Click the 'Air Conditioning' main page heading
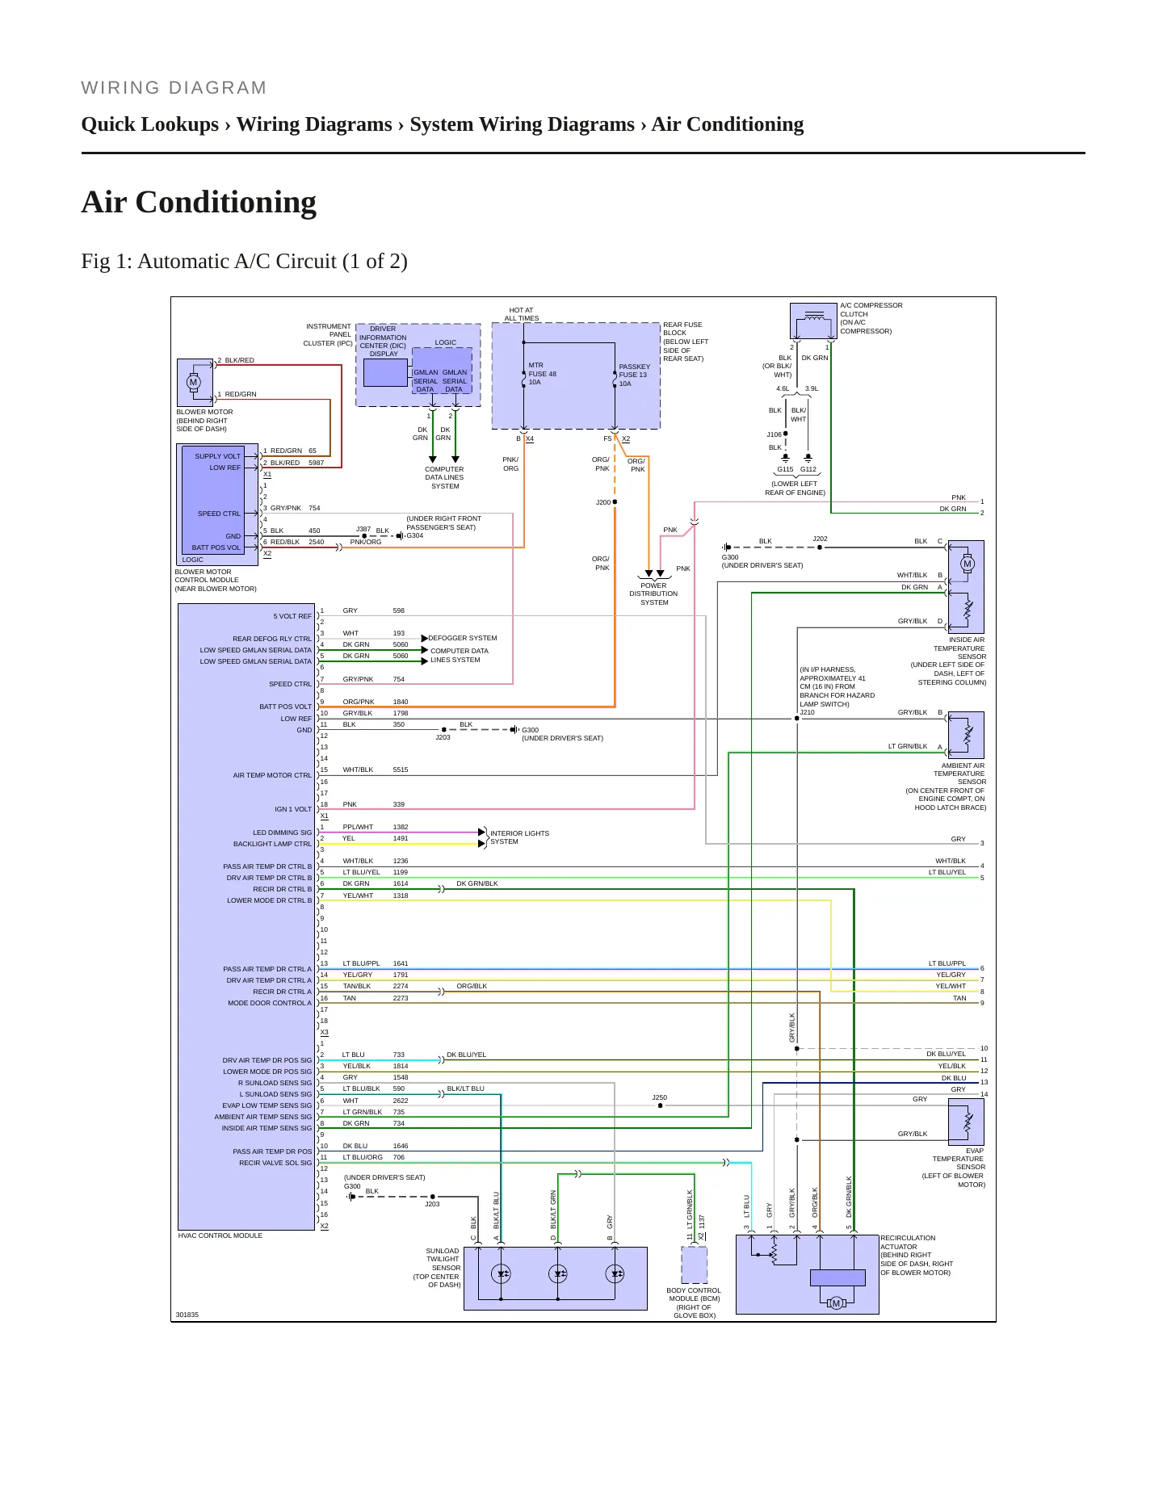(199, 202)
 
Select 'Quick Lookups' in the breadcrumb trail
(150, 124)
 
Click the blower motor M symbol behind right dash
(193, 382)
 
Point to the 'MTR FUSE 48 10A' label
(542, 374)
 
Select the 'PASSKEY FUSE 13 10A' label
(634, 375)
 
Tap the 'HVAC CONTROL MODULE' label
(220, 1235)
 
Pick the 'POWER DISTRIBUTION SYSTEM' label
(653, 594)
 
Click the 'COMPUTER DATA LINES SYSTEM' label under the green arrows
(444, 477)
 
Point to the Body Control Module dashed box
(695, 1265)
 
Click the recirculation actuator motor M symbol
(836, 1303)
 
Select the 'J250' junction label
(659, 1097)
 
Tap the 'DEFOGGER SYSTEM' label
(463, 638)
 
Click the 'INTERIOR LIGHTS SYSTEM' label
(519, 837)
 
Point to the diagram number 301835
(187, 1315)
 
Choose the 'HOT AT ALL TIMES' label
(521, 314)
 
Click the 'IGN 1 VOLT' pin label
(292, 809)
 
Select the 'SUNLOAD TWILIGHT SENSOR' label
(443, 1259)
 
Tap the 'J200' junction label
(603, 502)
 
